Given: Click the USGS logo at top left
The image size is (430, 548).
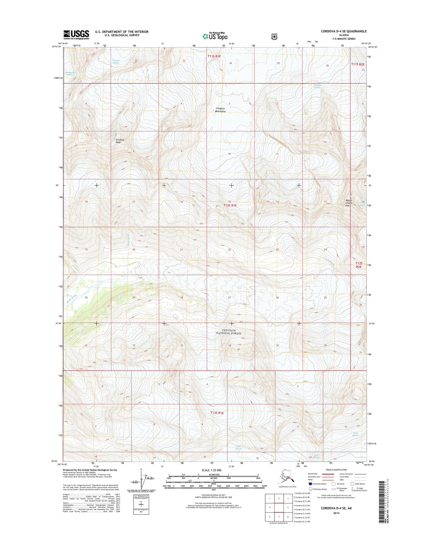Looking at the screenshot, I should (x=76, y=35).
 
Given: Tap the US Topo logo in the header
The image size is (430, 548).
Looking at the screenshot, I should (x=215, y=36).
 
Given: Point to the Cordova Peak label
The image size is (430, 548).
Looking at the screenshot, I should (x=120, y=141).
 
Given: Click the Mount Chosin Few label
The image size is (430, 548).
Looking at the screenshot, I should (x=349, y=203).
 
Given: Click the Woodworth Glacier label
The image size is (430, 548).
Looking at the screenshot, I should (x=70, y=73).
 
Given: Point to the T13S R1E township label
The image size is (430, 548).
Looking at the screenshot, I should (x=217, y=413).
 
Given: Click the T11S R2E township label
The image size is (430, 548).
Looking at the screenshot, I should (x=358, y=64).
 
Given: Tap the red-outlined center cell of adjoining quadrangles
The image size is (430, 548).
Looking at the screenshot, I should (x=279, y=507).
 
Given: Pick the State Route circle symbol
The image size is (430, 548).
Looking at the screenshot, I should (x=352, y=484).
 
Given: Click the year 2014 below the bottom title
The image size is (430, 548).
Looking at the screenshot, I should (x=336, y=513).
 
